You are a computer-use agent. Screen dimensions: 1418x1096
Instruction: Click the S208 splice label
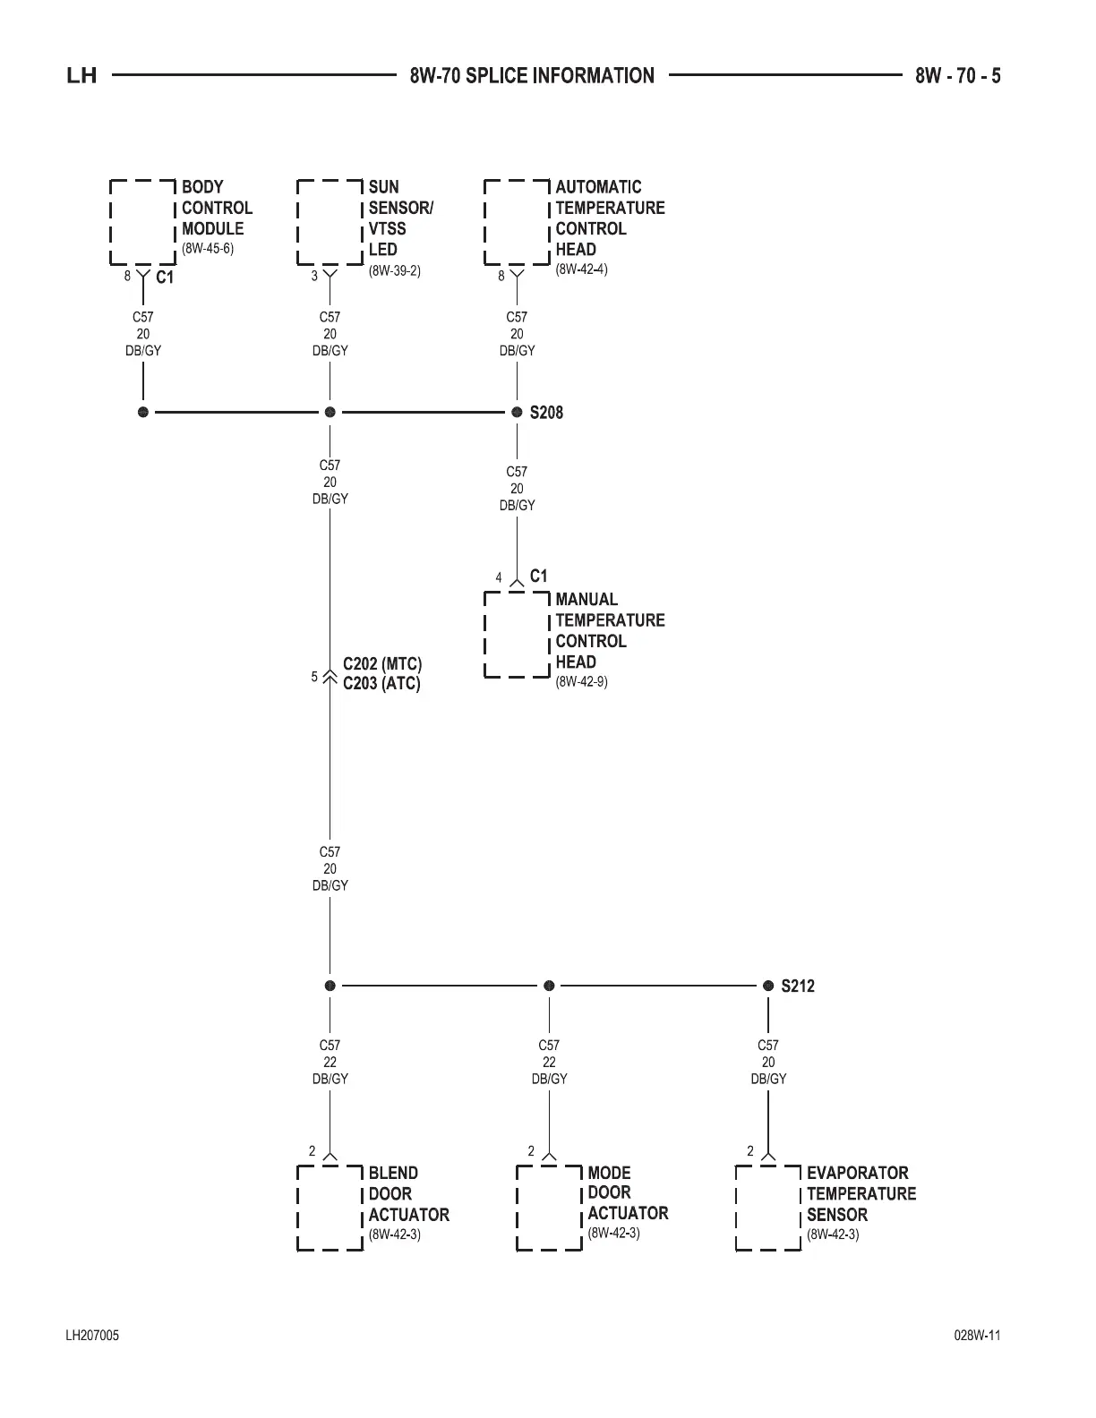click(x=546, y=413)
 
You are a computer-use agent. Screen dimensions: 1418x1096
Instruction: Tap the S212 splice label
click(x=798, y=987)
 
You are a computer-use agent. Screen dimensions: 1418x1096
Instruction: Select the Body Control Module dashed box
click(x=142, y=222)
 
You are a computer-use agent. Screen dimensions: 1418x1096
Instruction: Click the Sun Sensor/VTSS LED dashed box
click(x=330, y=222)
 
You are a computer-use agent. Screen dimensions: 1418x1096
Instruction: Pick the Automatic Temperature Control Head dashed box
click(x=517, y=222)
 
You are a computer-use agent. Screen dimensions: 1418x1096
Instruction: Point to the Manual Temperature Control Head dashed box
click(x=517, y=635)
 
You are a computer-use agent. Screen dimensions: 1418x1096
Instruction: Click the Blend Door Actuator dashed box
click(x=330, y=1208)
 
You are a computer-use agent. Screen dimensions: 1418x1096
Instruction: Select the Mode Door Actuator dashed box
click(x=549, y=1208)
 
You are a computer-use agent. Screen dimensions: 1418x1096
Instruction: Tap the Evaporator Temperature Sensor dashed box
click(x=768, y=1208)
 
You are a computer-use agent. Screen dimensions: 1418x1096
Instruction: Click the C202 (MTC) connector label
click(x=382, y=664)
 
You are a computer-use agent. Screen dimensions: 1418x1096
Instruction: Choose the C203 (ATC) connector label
click(x=381, y=684)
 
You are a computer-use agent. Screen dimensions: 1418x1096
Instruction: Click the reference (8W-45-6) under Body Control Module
click(x=208, y=249)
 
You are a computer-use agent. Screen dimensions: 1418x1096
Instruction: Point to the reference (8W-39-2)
click(x=395, y=270)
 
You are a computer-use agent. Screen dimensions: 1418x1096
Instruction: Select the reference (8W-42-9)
click(x=582, y=682)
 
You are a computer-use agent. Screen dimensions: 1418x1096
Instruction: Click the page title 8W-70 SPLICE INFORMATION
click(x=532, y=76)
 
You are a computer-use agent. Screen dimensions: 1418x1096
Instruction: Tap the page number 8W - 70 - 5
click(x=957, y=76)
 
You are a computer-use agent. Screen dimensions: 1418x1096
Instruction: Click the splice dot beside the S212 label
click(x=768, y=986)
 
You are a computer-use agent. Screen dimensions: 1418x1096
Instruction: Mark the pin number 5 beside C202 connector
click(x=314, y=677)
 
